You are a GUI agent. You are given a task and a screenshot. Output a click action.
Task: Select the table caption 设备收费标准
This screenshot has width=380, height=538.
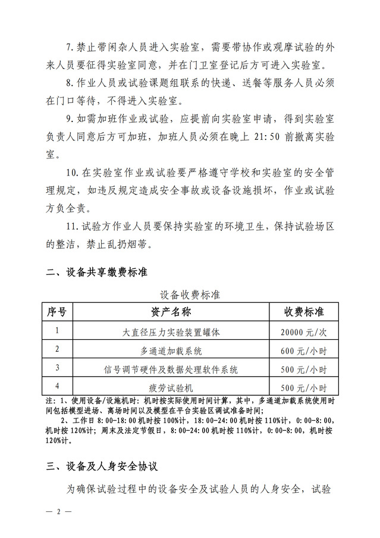coord(190,294)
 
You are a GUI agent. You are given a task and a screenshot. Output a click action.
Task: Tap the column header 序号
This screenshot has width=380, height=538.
coord(57,311)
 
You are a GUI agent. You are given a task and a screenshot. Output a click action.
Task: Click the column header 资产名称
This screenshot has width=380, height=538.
coord(171,311)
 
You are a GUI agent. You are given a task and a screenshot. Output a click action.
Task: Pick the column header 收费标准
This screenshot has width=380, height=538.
coord(303,311)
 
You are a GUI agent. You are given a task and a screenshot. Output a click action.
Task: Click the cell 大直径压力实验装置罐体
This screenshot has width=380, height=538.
coord(171,331)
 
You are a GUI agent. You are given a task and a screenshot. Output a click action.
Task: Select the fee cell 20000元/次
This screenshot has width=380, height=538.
coord(303,331)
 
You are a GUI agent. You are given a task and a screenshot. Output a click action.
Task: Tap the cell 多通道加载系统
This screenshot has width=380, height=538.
coord(171,350)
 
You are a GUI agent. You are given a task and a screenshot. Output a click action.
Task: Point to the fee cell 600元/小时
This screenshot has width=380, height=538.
coord(303,351)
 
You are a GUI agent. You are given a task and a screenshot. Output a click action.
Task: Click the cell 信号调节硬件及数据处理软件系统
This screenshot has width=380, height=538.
coord(171,369)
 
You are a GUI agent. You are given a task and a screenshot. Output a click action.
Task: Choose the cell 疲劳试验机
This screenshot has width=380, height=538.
coord(171,387)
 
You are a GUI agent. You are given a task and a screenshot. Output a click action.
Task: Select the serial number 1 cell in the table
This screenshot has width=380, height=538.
coord(57,330)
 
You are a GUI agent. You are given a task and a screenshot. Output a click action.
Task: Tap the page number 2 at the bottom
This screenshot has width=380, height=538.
coord(59,511)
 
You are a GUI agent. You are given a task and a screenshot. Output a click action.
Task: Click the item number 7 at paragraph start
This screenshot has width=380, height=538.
coord(69,47)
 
